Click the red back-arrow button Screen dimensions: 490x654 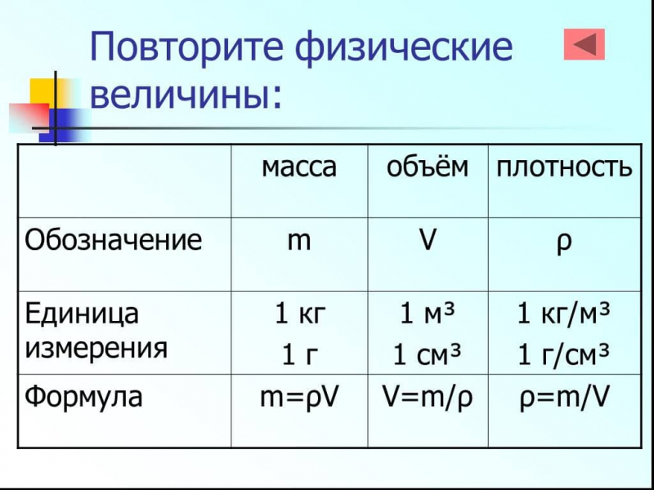coord(585,44)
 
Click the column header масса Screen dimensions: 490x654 coord(298,167)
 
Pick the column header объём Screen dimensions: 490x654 coord(428,167)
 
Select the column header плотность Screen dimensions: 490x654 coord(564,167)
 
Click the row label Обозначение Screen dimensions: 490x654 coord(113,241)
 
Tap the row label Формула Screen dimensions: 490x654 coord(83,398)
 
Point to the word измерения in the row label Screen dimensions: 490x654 coord(96,349)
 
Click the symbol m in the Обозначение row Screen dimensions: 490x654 coord(298,242)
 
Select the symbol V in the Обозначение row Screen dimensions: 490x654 coord(427,242)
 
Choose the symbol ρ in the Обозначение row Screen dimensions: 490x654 coord(564,243)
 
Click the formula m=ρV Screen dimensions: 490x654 coord(298,398)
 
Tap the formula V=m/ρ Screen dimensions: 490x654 coord(428,398)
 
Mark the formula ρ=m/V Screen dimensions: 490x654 coord(564,398)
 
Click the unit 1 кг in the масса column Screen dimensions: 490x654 coord(298,314)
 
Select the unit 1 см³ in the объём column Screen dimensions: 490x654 coord(428,355)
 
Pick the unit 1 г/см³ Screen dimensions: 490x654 coord(564,355)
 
